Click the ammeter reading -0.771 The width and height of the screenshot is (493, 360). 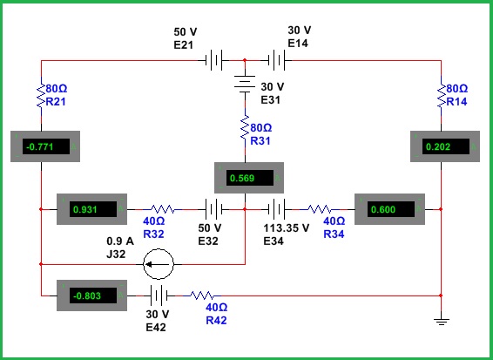pyautogui.click(x=45, y=146)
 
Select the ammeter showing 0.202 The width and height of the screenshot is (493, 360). pyautogui.click(x=445, y=146)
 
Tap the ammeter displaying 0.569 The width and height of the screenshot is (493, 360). pyautogui.click(x=249, y=178)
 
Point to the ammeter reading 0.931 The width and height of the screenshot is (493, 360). pyautogui.click(x=91, y=209)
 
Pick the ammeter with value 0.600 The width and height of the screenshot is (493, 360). pyautogui.click(x=389, y=209)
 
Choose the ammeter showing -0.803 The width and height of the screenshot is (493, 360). pyautogui.click(x=91, y=295)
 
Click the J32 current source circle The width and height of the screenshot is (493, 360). pyautogui.click(x=159, y=264)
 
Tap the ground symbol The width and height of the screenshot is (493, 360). pyautogui.click(x=441, y=321)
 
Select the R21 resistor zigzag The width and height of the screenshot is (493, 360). pyautogui.click(x=41, y=95)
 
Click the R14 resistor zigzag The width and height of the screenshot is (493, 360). pyautogui.click(x=441, y=95)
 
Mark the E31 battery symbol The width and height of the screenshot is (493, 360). pyautogui.click(x=245, y=84)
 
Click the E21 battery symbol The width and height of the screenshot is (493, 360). pyautogui.click(x=213, y=60)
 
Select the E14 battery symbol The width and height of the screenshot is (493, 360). pyautogui.click(x=277, y=60)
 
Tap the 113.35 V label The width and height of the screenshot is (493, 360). pyautogui.click(x=286, y=228)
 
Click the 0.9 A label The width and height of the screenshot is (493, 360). pyautogui.click(x=120, y=241)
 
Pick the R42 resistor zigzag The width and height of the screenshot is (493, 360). pyautogui.click(x=202, y=295)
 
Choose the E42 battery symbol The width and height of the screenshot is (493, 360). pyautogui.click(x=159, y=295)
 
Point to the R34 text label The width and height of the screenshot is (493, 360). pyautogui.click(x=334, y=234)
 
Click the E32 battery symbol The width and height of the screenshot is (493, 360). pyautogui.click(x=213, y=209)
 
